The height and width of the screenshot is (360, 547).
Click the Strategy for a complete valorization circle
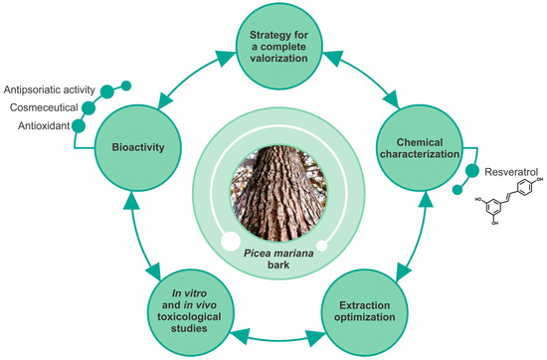(273, 45)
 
